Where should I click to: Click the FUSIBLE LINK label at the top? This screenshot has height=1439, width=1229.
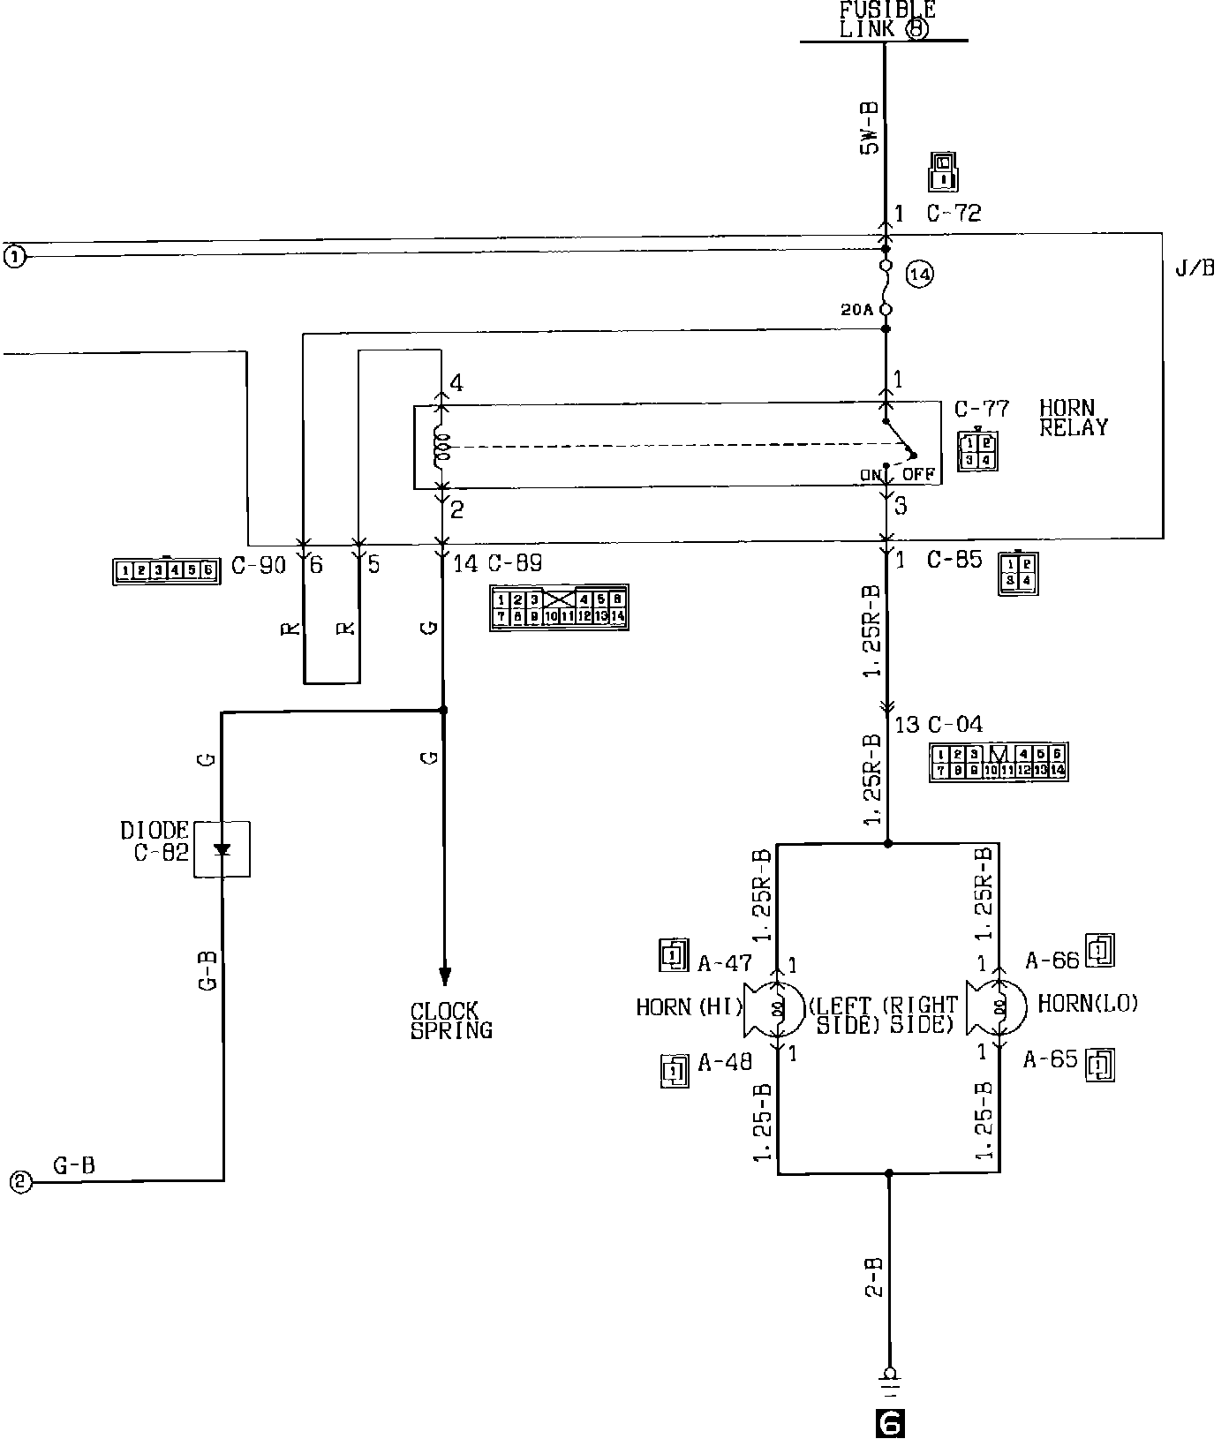pos(886,19)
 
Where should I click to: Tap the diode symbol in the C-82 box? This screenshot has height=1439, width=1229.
pos(222,849)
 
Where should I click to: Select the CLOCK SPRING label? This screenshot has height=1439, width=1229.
pos(450,1021)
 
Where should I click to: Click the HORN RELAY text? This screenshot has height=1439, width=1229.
pos(1072,418)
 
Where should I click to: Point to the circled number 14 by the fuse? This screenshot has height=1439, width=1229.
pos(919,275)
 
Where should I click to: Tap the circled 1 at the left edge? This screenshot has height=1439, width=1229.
pos(16,257)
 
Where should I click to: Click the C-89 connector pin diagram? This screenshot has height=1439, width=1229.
pos(559,607)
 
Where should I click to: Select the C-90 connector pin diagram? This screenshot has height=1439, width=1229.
pos(167,570)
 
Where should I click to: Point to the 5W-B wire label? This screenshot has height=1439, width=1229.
pos(870,129)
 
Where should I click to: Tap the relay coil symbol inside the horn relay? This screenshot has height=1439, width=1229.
pos(442,448)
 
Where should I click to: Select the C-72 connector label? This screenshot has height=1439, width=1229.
pos(954,213)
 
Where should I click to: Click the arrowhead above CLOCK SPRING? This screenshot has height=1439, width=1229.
pos(444,975)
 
